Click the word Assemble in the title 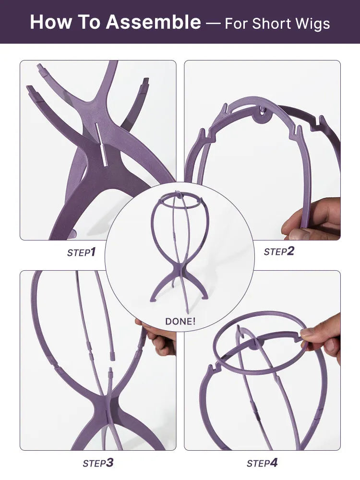click(154, 22)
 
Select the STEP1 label click(82, 252)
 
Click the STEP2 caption click(279, 252)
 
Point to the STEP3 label click(98, 463)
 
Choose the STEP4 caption click(263, 463)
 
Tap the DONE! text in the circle click(180, 321)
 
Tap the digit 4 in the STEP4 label click(274, 463)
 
